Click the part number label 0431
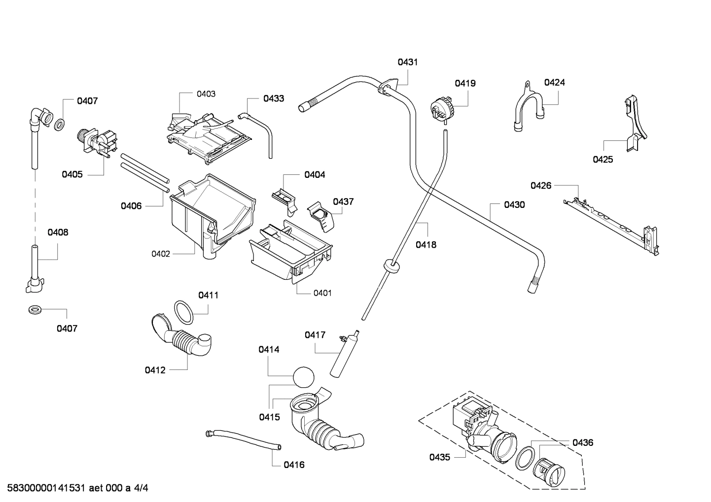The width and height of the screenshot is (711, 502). (x=407, y=62)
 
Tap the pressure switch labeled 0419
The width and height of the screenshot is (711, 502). (x=441, y=109)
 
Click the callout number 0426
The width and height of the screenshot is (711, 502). (x=541, y=185)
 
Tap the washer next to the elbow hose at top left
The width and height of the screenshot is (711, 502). (x=58, y=125)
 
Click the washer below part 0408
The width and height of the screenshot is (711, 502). (x=35, y=310)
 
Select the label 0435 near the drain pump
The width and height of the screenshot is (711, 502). (x=439, y=457)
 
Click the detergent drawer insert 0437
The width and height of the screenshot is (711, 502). (x=320, y=216)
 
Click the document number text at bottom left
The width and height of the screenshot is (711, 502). (x=74, y=488)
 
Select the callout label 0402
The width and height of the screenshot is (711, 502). (x=161, y=254)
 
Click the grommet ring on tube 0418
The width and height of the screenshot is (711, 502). (x=391, y=267)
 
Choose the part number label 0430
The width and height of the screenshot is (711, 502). (x=514, y=204)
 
